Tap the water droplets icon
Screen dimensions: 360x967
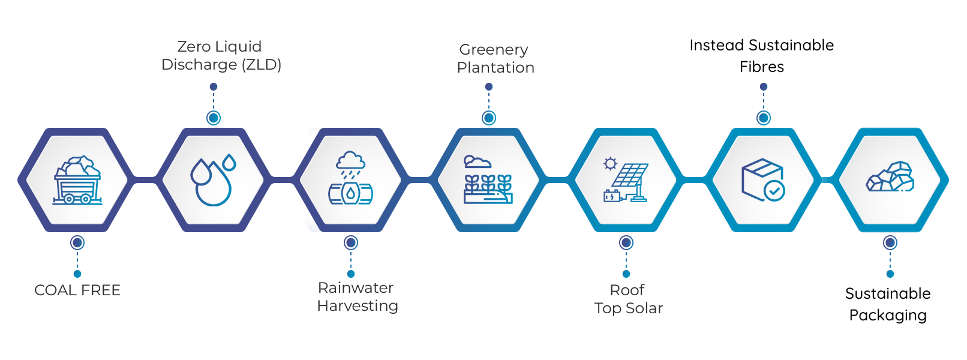[x=213, y=180]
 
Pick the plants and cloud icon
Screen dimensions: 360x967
[x=488, y=180]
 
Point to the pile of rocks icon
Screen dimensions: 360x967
[x=890, y=178]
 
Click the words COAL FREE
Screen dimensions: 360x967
[x=77, y=290]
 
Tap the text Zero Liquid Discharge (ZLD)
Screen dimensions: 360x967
[x=221, y=56]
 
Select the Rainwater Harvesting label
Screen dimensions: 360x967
[x=357, y=297]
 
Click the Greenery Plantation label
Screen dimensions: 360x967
[x=495, y=59]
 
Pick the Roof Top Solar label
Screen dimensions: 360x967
[x=628, y=299]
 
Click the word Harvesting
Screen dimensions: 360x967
[x=358, y=306]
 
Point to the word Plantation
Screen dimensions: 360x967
[x=495, y=68]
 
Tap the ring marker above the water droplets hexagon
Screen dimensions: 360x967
[x=214, y=118]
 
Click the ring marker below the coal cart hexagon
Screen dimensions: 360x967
[x=77, y=243]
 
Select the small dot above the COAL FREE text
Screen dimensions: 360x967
[x=77, y=274]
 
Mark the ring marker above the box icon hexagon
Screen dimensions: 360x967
[x=764, y=118]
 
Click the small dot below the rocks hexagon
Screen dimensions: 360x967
[x=890, y=274]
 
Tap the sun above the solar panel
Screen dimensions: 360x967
[x=611, y=163]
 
